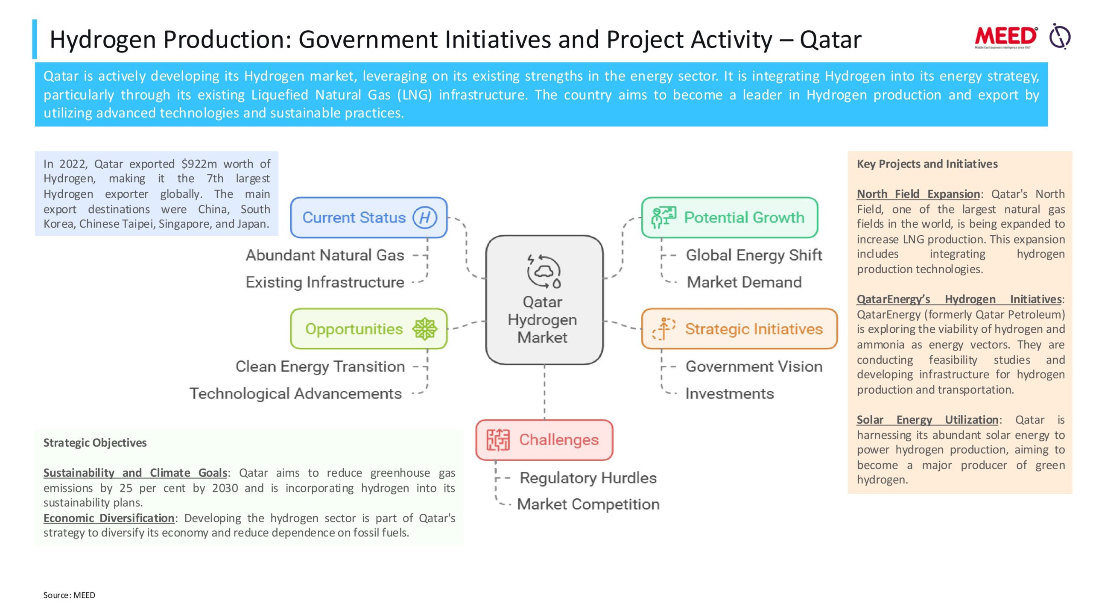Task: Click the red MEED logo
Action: coord(1006,38)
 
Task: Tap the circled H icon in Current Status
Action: coord(425,217)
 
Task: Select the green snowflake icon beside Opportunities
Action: coord(425,329)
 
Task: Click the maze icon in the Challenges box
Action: coord(498,440)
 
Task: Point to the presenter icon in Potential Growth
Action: coord(663,217)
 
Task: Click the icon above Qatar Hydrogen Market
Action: coord(544,271)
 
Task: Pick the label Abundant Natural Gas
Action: coord(325,255)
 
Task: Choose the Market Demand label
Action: coord(744,282)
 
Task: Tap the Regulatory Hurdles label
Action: coord(588,478)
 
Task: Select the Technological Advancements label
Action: coord(296,393)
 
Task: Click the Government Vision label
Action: coord(754,366)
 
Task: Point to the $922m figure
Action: coord(199,164)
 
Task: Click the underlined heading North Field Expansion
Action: coord(918,194)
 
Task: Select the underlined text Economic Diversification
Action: coord(109,518)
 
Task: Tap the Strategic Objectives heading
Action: coord(95,443)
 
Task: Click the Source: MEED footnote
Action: coord(69,595)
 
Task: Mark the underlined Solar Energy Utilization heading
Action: coord(927,420)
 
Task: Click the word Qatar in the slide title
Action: coord(830,40)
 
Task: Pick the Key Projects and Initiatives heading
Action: coord(927,164)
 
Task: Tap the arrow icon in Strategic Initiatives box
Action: coord(663,329)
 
